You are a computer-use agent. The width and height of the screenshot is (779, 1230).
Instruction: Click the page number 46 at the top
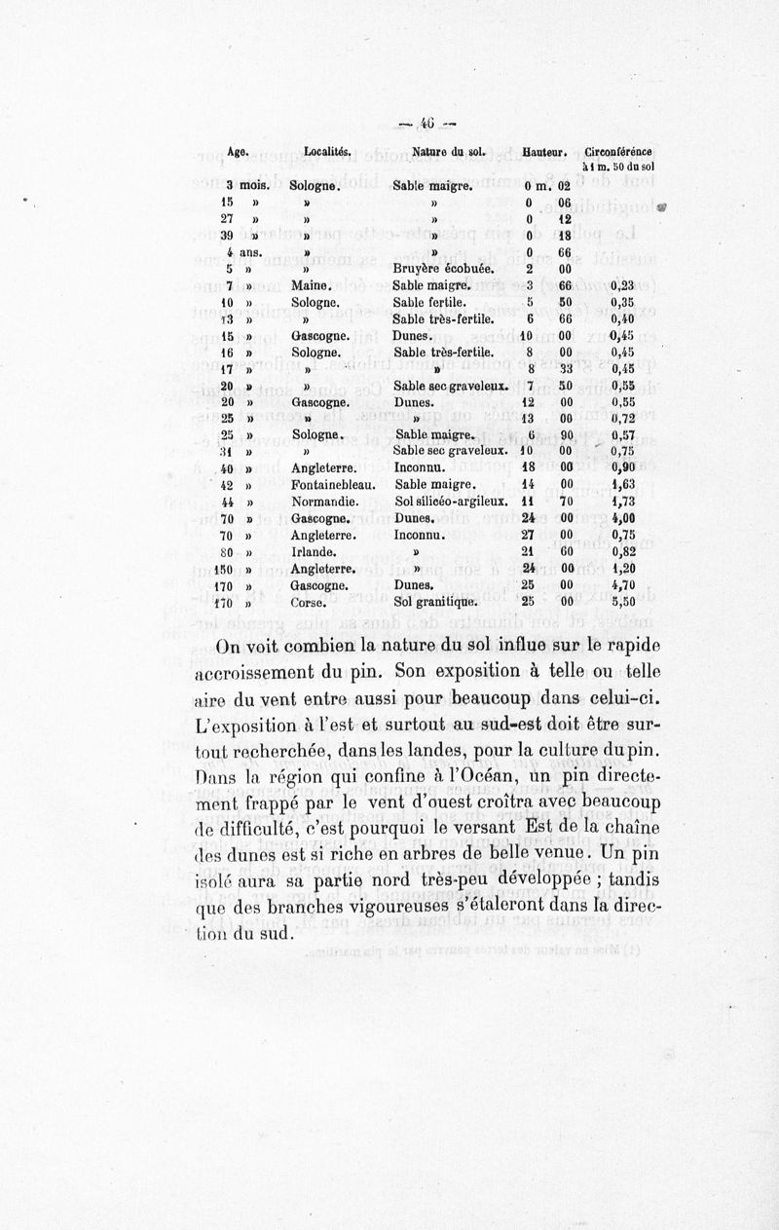pos(426,124)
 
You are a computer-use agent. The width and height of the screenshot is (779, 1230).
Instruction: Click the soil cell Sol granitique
pos(433,603)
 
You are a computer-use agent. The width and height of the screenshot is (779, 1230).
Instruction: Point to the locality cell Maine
pos(312,286)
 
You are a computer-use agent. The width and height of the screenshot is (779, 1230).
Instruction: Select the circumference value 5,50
pos(636,603)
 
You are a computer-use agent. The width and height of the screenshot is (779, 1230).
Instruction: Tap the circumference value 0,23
pos(636,286)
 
